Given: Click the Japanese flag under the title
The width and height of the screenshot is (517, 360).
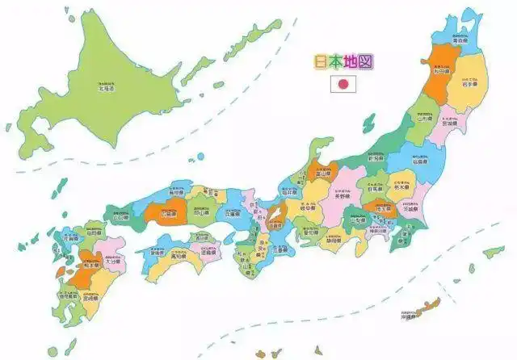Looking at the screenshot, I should (342, 83).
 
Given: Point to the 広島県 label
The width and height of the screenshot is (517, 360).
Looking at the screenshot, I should (168, 214).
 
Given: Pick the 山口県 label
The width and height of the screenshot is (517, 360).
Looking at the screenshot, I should (121, 217).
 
